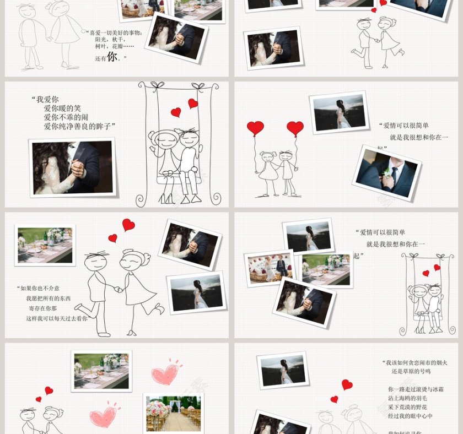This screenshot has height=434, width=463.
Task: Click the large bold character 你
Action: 112,56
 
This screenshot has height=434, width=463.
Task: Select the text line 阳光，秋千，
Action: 110,40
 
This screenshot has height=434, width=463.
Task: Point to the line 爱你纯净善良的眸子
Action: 79,126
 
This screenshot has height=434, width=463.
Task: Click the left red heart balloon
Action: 255,128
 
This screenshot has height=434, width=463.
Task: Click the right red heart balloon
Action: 295,128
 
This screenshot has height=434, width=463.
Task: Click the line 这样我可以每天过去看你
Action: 57,318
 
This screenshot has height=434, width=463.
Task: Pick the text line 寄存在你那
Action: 42,308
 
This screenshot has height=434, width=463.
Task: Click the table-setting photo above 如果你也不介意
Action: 45,245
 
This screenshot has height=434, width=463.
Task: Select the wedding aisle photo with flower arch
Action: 173,413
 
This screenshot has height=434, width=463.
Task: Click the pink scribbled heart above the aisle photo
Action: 165,373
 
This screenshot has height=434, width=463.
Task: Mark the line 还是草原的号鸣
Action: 411,372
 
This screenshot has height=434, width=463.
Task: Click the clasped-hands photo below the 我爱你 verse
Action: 73,167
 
